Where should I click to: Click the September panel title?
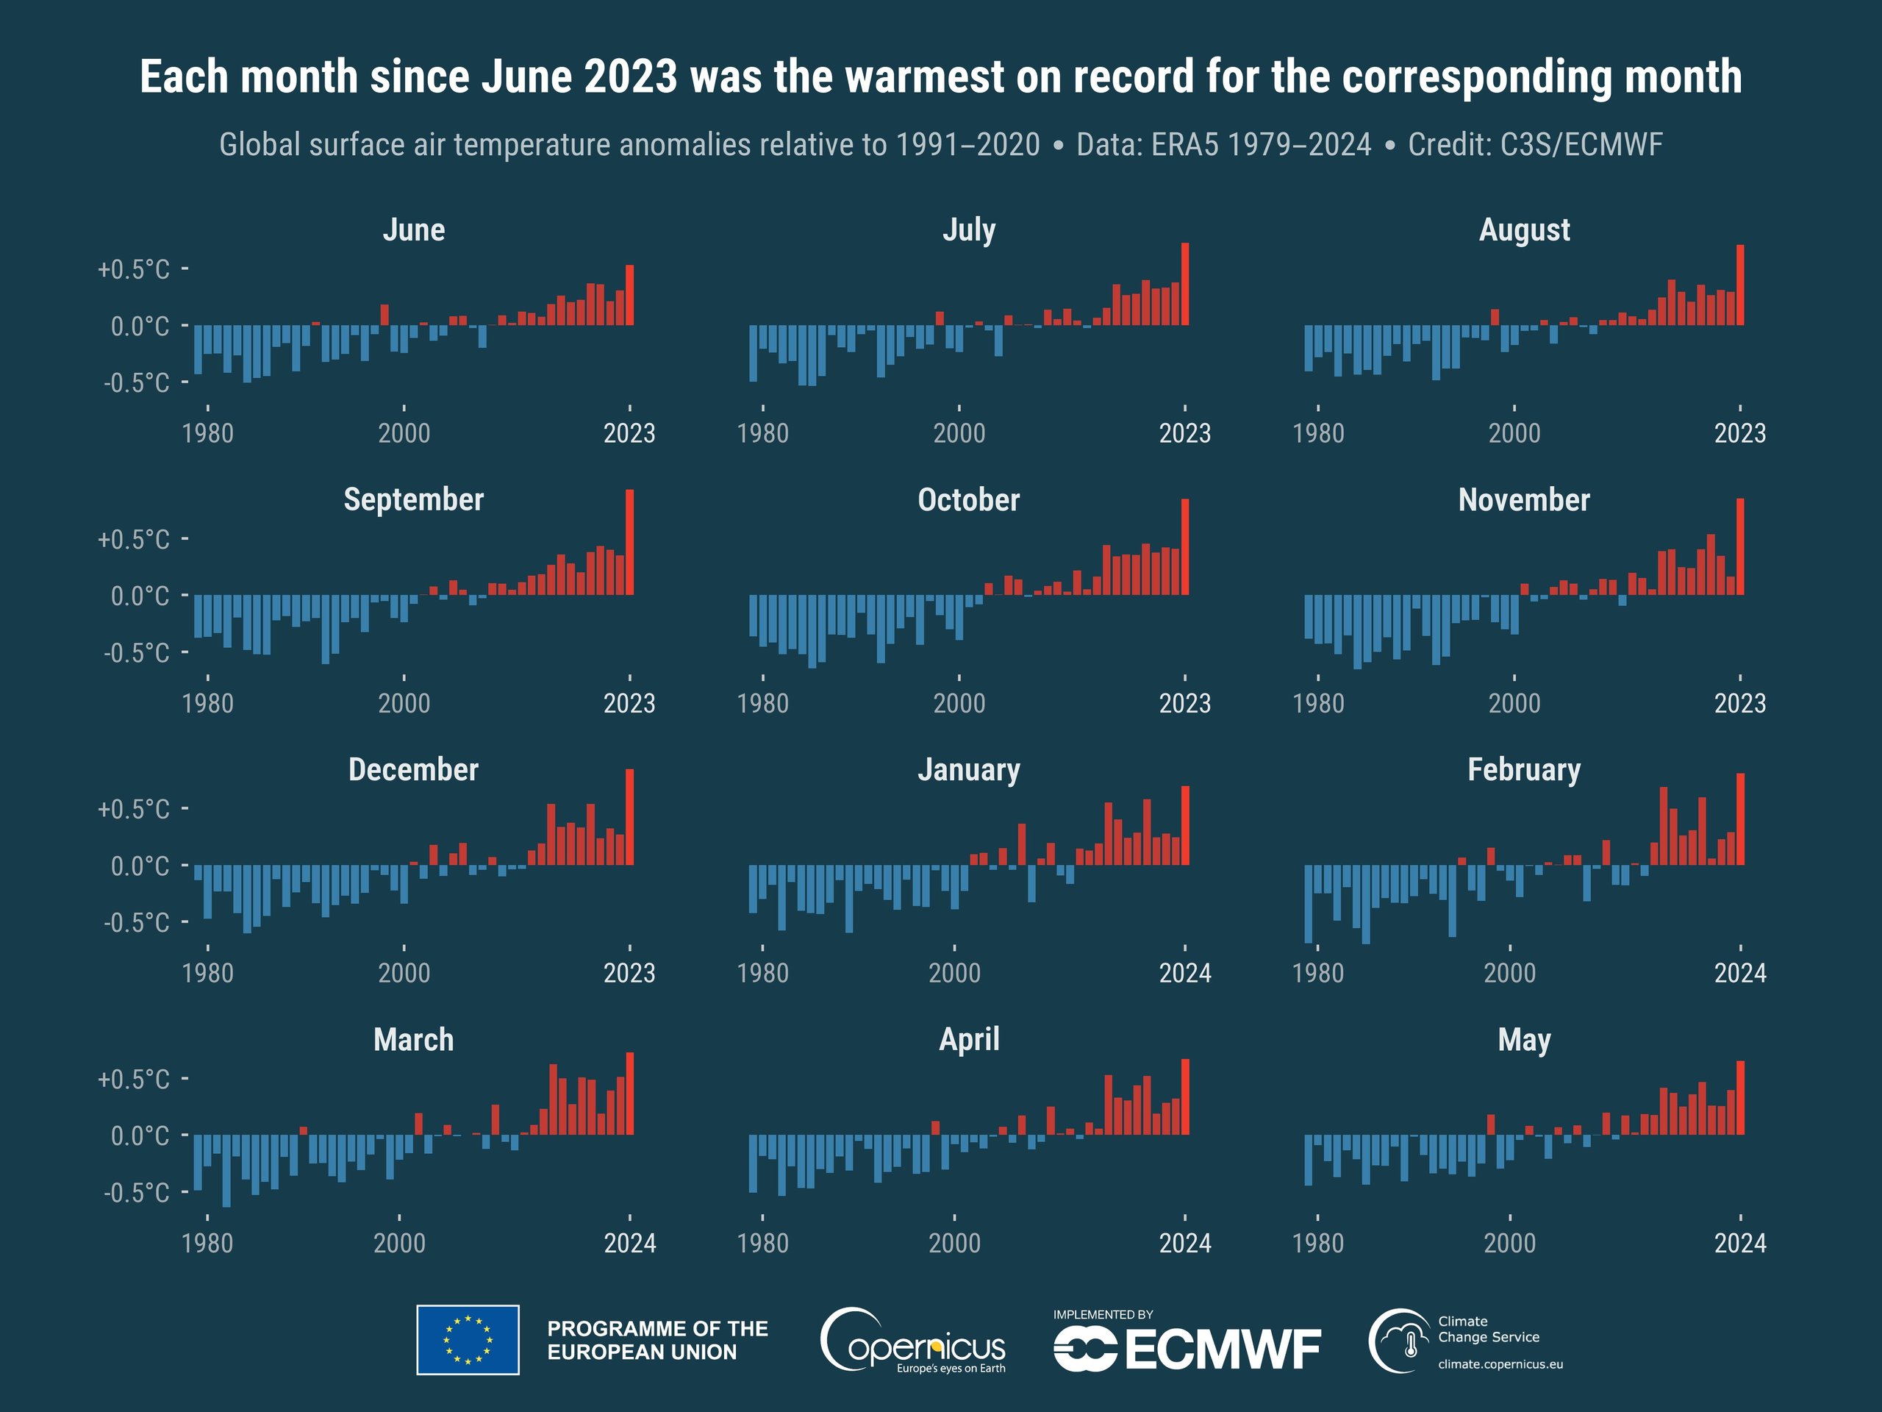pos(413,499)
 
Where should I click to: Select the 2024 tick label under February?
pos(1740,973)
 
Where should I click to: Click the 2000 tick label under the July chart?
pos(959,433)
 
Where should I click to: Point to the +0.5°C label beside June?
pos(134,270)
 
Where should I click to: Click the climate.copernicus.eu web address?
pos(1500,1364)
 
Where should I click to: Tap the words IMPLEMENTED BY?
pos(1103,1315)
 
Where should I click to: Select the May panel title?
pos(1524,1040)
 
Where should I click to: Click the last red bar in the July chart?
pos(1185,285)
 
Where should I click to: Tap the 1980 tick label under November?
pos(1318,703)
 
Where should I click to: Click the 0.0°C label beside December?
pos(140,866)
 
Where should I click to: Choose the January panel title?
pos(968,770)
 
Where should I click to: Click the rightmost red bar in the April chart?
pos(1185,1097)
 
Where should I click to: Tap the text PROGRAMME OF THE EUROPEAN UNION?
pos(656,1341)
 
